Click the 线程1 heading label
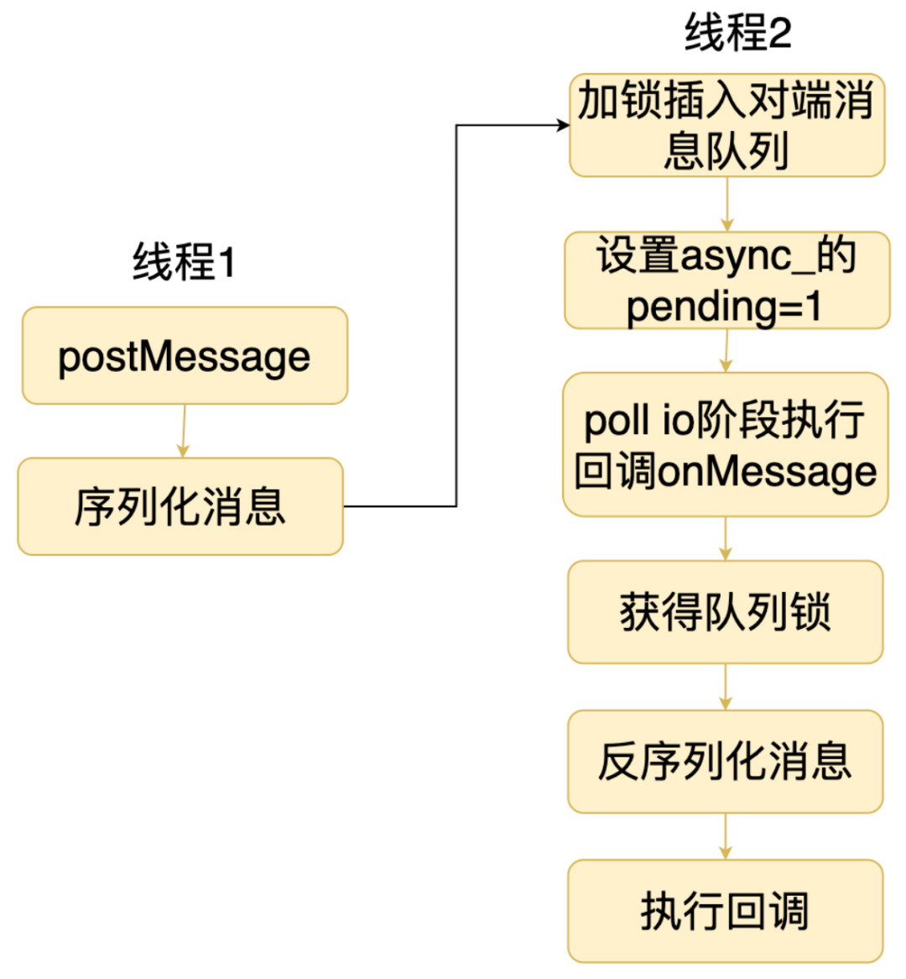(184, 262)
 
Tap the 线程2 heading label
(737, 34)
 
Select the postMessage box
(185, 356)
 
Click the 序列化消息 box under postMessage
(180, 506)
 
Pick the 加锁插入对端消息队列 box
(726, 125)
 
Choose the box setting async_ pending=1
(726, 280)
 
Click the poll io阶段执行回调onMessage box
(726, 444)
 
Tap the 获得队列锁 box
(726, 612)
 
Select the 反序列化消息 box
(726, 762)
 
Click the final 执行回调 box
(726, 911)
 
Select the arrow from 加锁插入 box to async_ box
(726, 204)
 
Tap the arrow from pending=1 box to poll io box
(726, 351)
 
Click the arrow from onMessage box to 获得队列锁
(726, 539)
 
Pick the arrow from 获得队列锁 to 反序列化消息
(726, 688)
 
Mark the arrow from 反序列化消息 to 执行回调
(726, 837)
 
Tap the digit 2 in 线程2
(778, 34)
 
